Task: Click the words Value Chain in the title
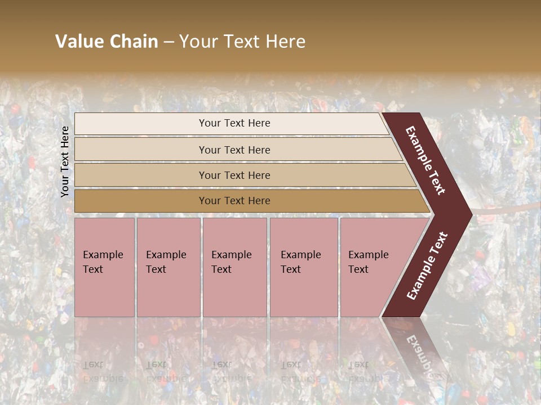pyautogui.click(x=107, y=42)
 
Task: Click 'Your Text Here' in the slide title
pyautogui.click(x=242, y=42)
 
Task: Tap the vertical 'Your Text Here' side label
pyautogui.click(x=65, y=161)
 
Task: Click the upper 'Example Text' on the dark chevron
pyautogui.click(x=425, y=160)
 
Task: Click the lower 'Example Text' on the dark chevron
pyautogui.click(x=427, y=265)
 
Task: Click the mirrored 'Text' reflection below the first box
pyautogui.click(x=93, y=364)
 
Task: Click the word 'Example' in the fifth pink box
pyautogui.click(x=368, y=255)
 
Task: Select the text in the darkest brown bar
pyautogui.click(x=234, y=201)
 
